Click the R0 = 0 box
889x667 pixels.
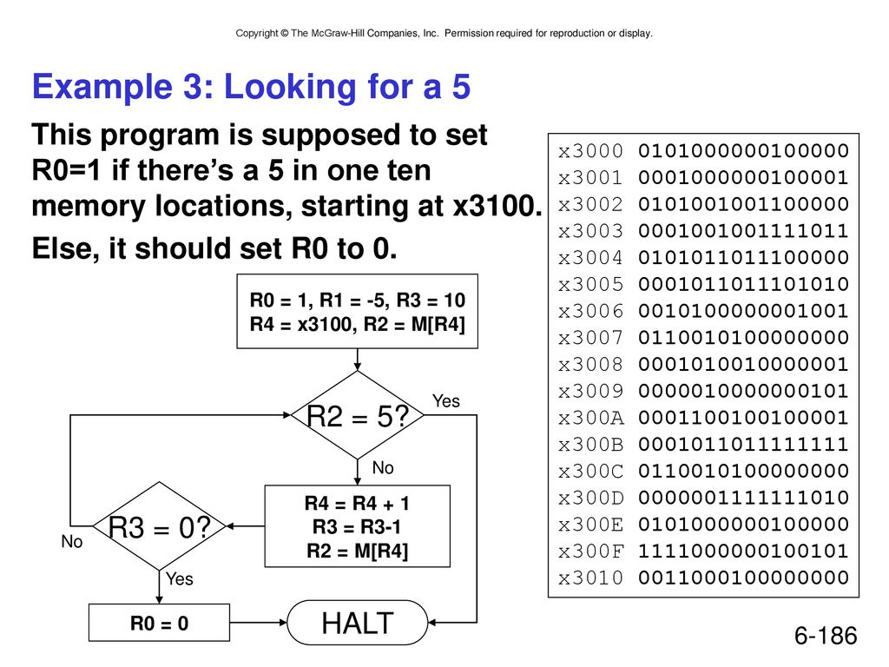(x=160, y=623)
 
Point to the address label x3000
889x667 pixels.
(x=590, y=151)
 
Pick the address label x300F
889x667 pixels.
(x=590, y=551)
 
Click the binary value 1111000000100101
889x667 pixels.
(x=743, y=551)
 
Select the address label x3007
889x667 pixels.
(x=590, y=338)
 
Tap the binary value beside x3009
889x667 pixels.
(x=743, y=391)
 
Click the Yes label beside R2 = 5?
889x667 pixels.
(x=445, y=401)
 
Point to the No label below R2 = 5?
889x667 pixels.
(x=383, y=467)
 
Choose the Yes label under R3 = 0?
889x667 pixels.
(x=179, y=578)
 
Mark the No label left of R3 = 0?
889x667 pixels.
(x=72, y=542)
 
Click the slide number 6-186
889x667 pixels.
(x=826, y=636)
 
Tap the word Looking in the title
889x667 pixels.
(x=292, y=87)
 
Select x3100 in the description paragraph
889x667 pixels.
(x=497, y=206)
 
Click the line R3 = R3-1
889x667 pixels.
(x=357, y=527)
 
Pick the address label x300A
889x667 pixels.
(x=590, y=418)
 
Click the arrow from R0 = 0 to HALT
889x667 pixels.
(x=259, y=623)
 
